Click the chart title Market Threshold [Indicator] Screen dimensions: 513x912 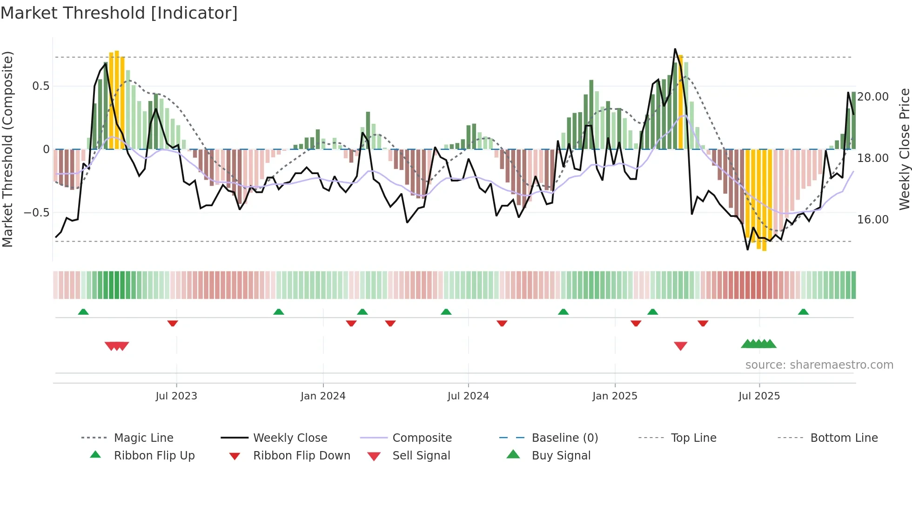pos(119,13)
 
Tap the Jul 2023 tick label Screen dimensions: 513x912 pos(176,396)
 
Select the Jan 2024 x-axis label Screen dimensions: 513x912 pos(323,396)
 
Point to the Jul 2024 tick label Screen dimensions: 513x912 pos(468,396)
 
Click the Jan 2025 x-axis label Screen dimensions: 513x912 pos(615,396)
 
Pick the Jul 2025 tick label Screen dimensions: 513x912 pos(759,396)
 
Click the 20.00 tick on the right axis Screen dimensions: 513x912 pos(873,97)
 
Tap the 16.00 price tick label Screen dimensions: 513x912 pos(873,220)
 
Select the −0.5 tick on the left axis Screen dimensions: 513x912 pos(36,213)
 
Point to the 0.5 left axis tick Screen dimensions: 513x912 pos(40,86)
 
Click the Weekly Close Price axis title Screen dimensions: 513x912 pos(904,149)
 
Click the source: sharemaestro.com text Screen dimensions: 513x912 pos(819,365)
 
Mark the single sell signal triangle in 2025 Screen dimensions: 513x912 pos(680,346)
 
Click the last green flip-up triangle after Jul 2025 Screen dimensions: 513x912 pos(803,312)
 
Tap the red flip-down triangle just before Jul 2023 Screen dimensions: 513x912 pos(173,323)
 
